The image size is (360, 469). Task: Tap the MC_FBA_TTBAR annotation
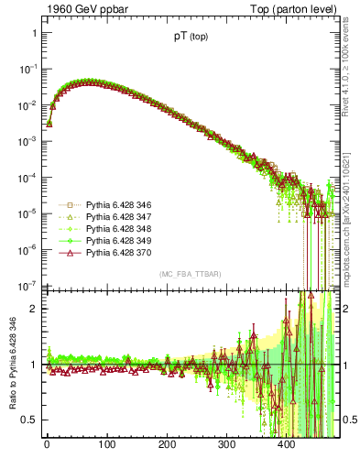[190, 274]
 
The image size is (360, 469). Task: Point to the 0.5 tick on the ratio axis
[27, 420]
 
